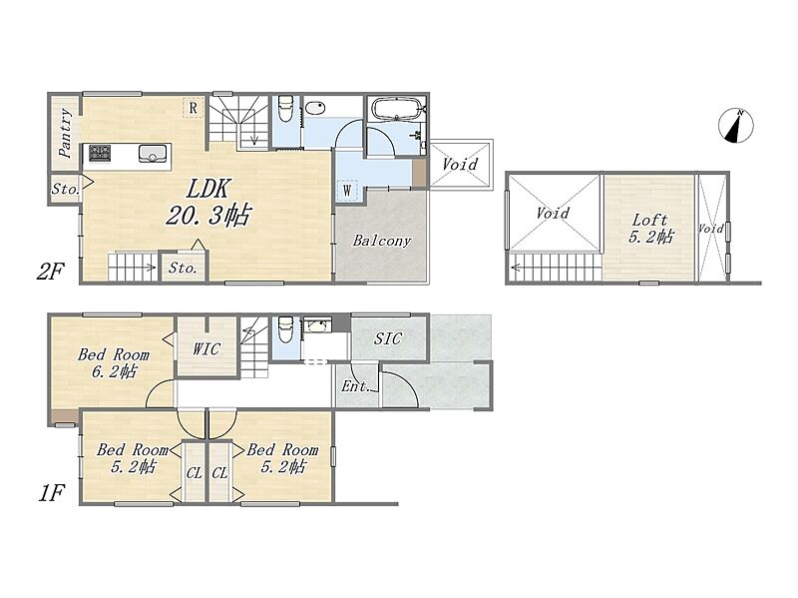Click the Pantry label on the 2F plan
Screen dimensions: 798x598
click(65, 133)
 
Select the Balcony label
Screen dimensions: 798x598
click(381, 240)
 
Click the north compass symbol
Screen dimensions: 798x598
click(736, 126)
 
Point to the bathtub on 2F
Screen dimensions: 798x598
click(397, 109)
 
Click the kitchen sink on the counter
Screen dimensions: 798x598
click(152, 153)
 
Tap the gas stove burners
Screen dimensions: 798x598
click(100, 153)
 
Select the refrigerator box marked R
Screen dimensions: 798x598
click(193, 108)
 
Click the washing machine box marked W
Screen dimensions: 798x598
click(347, 190)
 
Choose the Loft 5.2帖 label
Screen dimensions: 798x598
click(650, 229)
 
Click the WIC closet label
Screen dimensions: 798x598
click(206, 348)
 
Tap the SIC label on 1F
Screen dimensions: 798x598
click(388, 338)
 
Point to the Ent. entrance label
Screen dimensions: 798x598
click(355, 386)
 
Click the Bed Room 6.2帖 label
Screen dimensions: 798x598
click(114, 362)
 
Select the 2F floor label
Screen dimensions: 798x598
click(51, 271)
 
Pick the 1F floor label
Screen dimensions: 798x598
click(52, 493)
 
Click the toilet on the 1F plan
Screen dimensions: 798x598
click(285, 330)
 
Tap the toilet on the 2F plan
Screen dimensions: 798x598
click(285, 109)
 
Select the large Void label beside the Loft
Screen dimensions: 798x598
click(553, 212)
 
